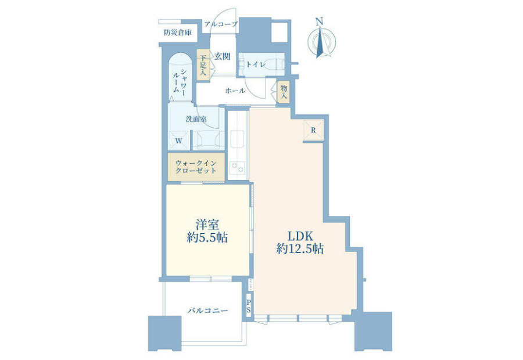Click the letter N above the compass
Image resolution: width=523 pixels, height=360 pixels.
[319, 21]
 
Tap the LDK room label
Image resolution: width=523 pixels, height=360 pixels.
[300, 236]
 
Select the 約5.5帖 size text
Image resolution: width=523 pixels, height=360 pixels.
[207, 237]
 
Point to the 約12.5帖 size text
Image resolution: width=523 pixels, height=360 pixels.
[300, 249]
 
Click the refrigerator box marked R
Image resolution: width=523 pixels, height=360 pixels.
[314, 130]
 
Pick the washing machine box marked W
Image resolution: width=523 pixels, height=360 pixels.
[179, 141]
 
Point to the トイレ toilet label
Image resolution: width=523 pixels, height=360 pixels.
[256, 64]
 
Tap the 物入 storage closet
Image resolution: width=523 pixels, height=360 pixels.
[284, 92]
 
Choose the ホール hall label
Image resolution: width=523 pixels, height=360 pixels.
[235, 91]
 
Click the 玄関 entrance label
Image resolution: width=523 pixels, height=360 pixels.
[222, 56]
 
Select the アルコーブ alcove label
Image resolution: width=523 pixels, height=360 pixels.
[221, 24]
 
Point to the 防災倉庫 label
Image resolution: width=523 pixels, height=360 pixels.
[177, 33]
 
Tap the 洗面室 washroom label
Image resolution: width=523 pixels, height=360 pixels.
[196, 118]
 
